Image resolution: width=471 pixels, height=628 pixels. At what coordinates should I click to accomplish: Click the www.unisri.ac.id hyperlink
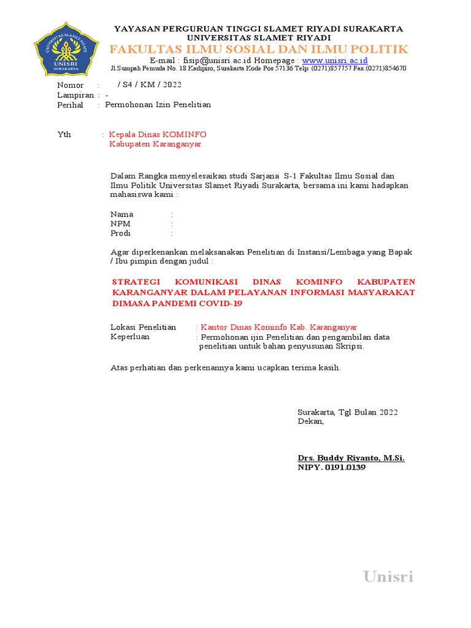(x=334, y=60)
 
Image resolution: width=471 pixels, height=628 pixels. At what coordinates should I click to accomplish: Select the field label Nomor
(x=70, y=85)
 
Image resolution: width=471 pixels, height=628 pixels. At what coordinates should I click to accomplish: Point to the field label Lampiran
(x=75, y=95)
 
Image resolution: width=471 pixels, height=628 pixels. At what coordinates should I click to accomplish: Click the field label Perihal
(x=70, y=105)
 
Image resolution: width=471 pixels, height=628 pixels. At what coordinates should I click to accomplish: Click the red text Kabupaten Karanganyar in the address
(x=155, y=144)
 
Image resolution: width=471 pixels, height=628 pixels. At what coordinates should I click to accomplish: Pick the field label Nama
(x=121, y=214)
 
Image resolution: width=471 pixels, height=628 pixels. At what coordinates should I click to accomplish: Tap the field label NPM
(x=120, y=224)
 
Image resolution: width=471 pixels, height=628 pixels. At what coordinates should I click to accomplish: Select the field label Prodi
(x=121, y=233)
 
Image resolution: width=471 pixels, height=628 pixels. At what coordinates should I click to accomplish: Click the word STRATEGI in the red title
(x=136, y=281)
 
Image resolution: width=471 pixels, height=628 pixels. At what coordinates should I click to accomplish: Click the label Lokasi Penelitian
(x=143, y=327)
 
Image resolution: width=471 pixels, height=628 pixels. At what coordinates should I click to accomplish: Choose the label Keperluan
(x=129, y=337)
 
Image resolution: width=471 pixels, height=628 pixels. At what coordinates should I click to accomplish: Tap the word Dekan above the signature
(x=310, y=421)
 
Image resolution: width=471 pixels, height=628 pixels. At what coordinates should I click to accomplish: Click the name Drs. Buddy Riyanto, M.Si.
(x=351, y=458)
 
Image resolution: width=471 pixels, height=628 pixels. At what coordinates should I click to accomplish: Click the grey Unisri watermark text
(x=388, y=576)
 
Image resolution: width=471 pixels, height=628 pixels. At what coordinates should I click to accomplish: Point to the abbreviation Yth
(x=64, y=134)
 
